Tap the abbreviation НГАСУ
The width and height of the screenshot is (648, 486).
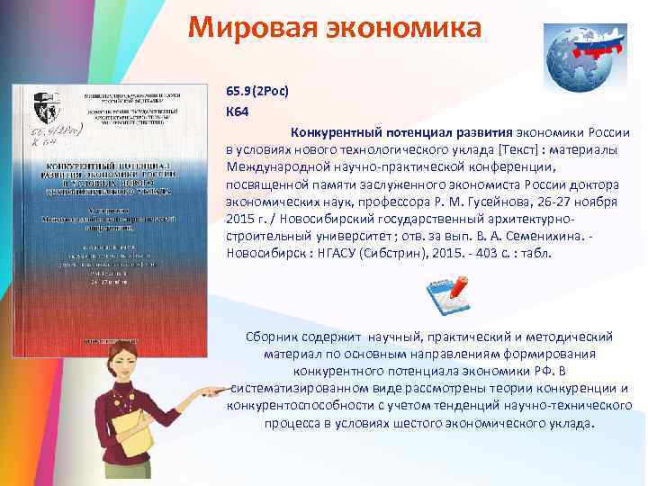[x=332, y=254]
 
